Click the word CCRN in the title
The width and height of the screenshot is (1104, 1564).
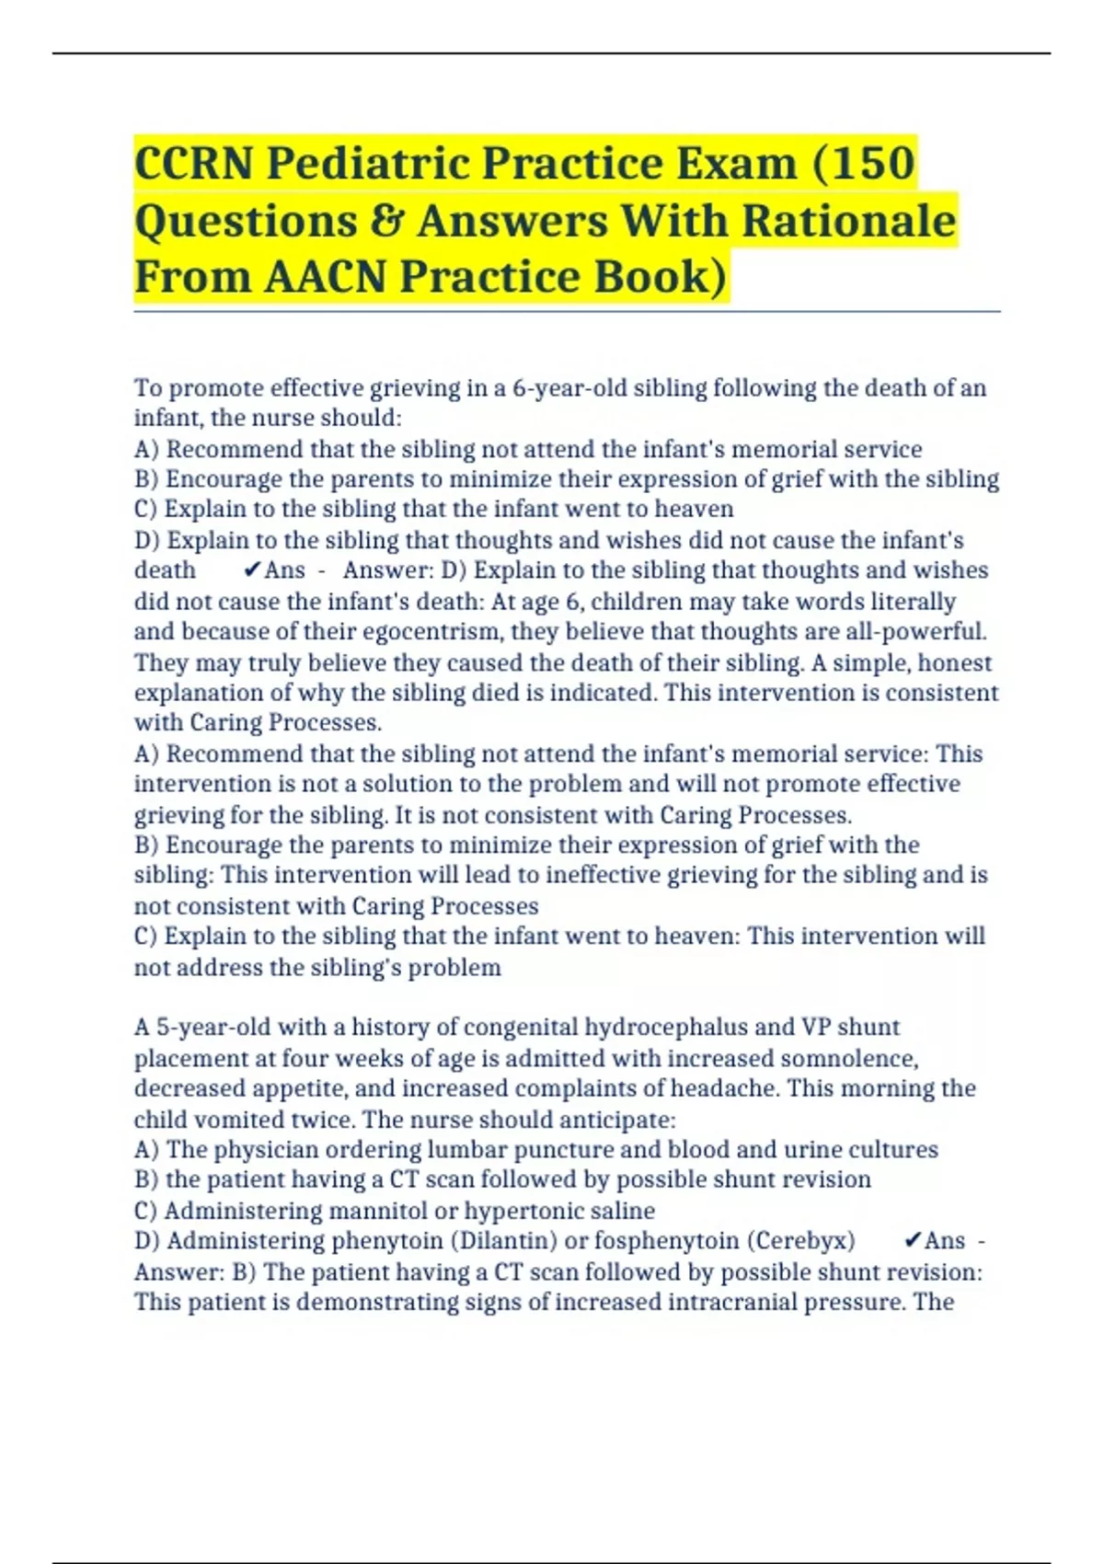(194, 164)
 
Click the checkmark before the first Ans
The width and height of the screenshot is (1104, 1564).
(252, 570)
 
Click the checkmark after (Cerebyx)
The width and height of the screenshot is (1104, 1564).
(913, 1241)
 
